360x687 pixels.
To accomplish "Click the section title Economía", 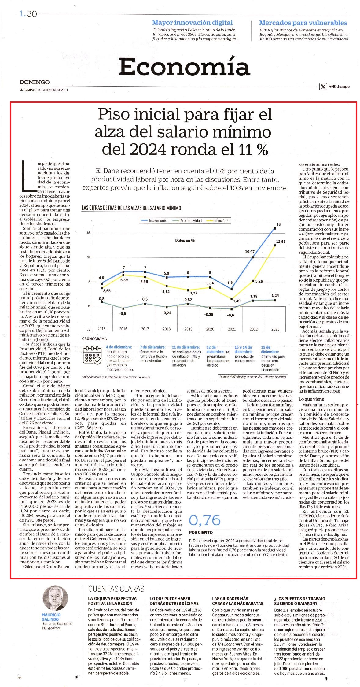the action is coord(185,66).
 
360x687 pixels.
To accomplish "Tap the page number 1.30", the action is coord(28,14).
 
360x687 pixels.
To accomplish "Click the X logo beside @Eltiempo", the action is coord(323,87).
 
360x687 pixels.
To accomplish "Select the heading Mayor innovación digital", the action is coord(192,23).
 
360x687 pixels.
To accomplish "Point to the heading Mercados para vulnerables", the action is coord(303,23).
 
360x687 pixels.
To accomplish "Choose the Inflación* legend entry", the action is coord(218,220).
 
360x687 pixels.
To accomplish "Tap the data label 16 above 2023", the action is coord(278,225).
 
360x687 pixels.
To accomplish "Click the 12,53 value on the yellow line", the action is coord(281,242).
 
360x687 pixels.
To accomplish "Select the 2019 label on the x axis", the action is coord(188,329).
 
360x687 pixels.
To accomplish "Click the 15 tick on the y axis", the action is coord(88,233).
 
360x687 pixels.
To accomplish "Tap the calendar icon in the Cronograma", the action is coord(92,355).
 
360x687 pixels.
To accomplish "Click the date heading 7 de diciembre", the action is coord(153,347).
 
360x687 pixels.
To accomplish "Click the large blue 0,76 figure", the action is coord(205,520).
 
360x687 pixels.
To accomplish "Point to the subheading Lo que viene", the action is coord(311,399).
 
